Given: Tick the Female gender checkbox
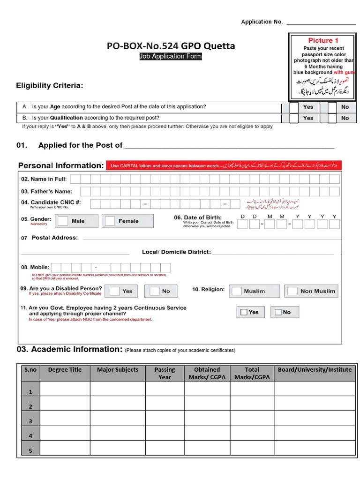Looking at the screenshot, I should click(x=110, y=221).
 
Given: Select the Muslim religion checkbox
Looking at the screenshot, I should click(x=237, y=291).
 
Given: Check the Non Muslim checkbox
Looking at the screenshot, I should click(x=292, y=291).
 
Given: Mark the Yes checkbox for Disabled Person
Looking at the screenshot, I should click(x=114, y=291).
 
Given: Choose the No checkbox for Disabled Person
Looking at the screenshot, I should click(x=154, y=291).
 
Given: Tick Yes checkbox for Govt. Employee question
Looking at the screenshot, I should click(x=244, y=312).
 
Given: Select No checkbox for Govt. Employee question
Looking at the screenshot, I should click(x=277, y=312).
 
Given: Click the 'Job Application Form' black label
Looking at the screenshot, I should click(x=171, y=57).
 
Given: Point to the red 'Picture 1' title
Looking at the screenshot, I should click(x=323, y=40).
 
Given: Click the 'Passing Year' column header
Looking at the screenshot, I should click(x=165, y=373).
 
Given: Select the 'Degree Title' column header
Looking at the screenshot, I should click(x=65, y=370).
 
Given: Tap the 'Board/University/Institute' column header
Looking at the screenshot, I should click(x=315, y=370).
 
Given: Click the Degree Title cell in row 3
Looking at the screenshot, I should click(x=65, y=419).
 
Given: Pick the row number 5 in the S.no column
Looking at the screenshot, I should click(x=30, y=451).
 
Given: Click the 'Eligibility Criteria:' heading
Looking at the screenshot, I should click(x=50, y=85).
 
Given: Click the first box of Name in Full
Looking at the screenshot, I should click(x=75, y=179).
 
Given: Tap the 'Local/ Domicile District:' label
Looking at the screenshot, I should click(x=176, y=252).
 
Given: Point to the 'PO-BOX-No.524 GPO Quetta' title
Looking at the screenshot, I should click(x=171, y=46).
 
